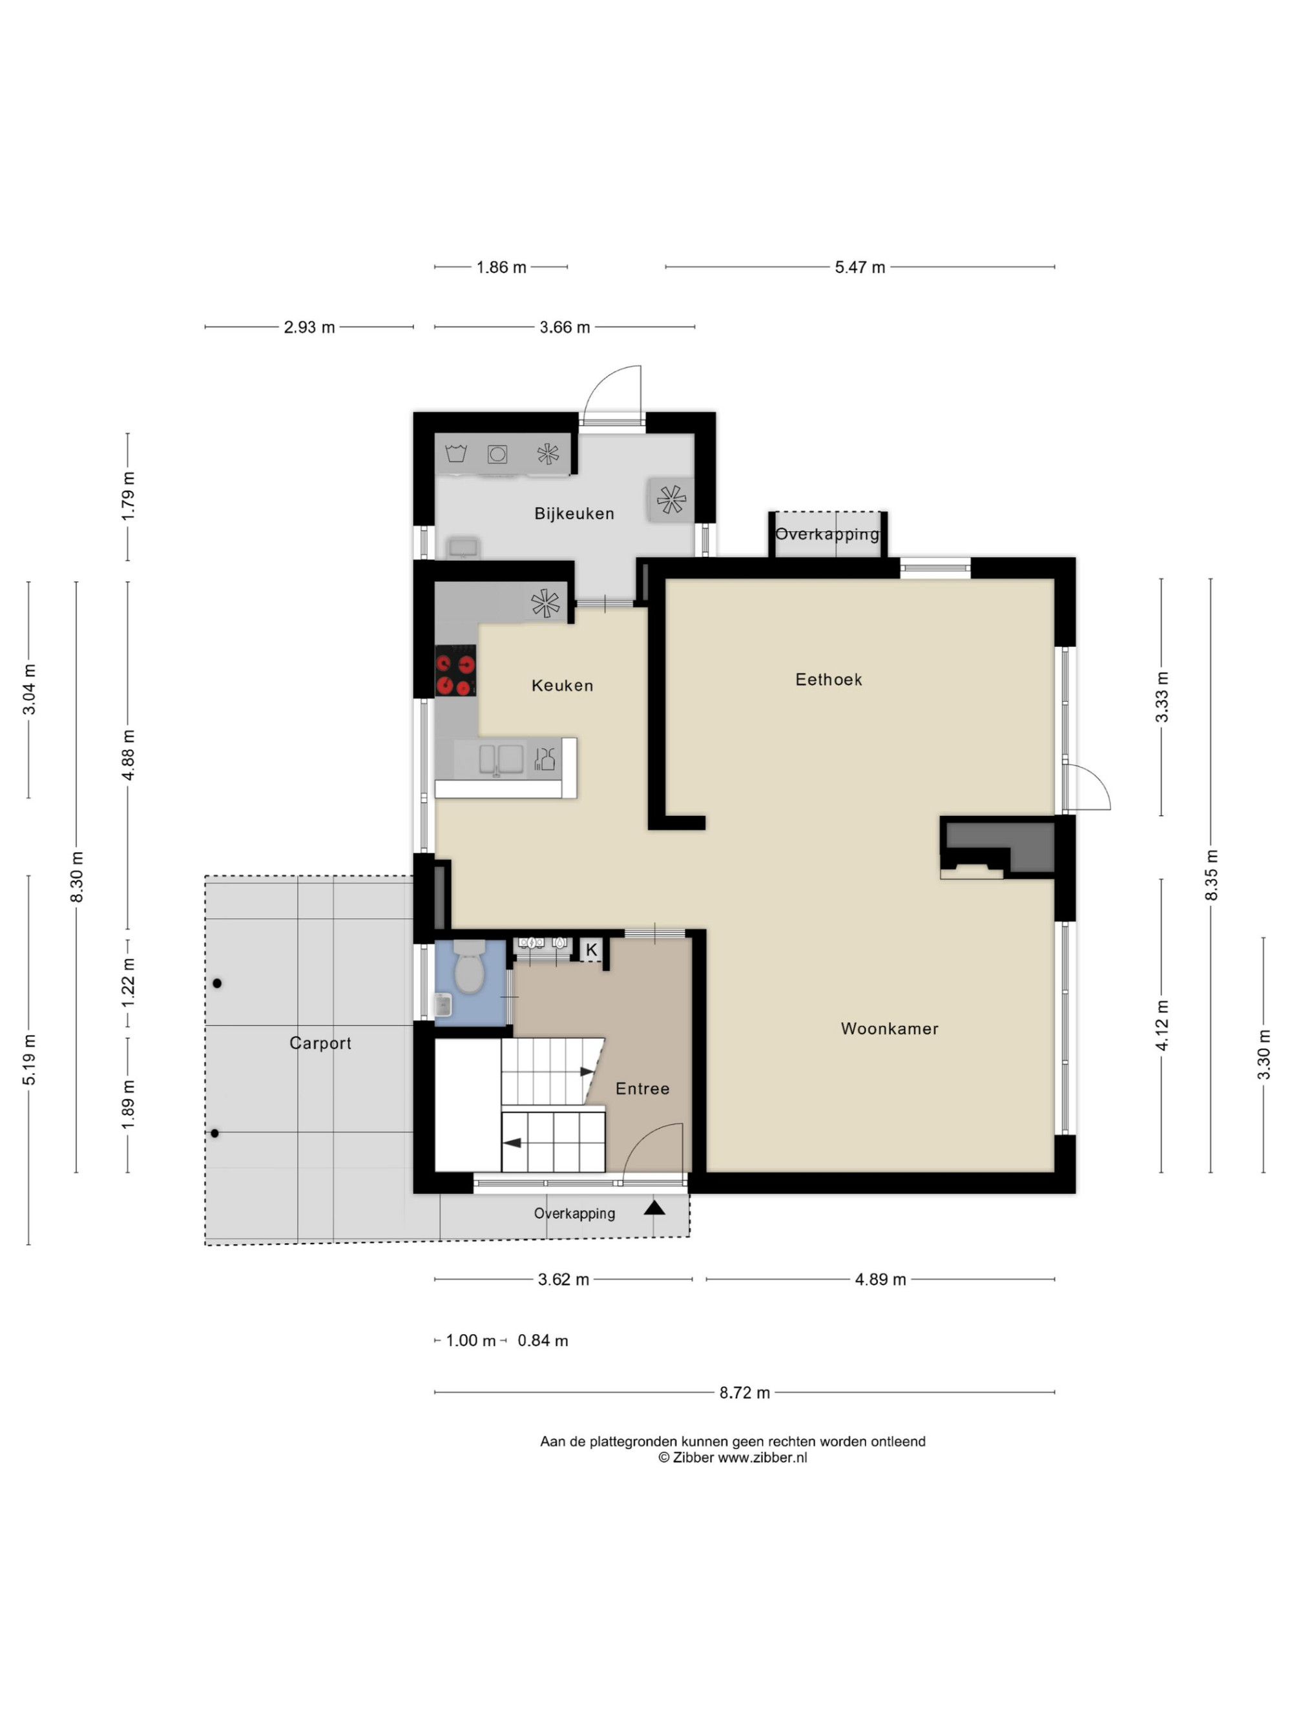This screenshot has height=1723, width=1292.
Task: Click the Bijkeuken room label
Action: pyautogui.click(x=574, y=514)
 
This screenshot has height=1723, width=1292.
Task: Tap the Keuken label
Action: pyautogui.click(x=562, y=685)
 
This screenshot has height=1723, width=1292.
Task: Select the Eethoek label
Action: pyautogui.click(x=829, y=679)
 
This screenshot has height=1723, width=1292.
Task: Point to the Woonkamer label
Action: pyautogui.click(x=890, y=1029)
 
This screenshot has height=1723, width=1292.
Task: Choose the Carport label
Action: pyautogui.click(x=320, y=1043)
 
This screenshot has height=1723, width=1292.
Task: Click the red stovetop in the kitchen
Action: pyautogui.click(x=455, y=671)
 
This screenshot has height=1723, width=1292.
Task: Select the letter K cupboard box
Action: pyautogui.click(x=592, y=950)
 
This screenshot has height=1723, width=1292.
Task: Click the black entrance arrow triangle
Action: pyautogui.click(x=654, y=1207)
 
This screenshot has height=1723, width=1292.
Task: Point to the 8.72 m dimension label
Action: pyautogui.click(x=745, y=1392)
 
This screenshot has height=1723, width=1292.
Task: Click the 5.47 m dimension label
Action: pyautogui.click(x=860, y=267)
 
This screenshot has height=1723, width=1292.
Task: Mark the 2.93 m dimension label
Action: pyautogui.click(x=309, y=327)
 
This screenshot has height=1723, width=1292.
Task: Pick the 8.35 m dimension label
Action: pyautogui.click(x=1211, y=875)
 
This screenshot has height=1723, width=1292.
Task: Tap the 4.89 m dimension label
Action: pyautogui.click(x=880, y=1279)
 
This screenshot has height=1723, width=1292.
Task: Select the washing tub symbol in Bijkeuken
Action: pyautogui.click(x=455, y=453)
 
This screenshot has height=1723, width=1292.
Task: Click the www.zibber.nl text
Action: pyautogui.click(x=762, y=1457)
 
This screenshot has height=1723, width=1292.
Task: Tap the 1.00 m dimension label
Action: pyautogui.click(x=470, y=1341)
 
